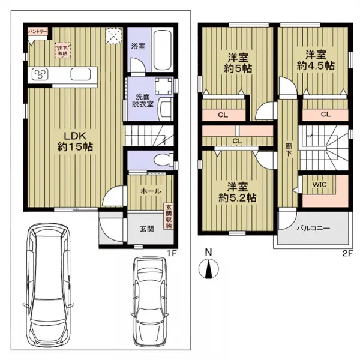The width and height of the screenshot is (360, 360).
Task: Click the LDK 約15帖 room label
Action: (75, 142)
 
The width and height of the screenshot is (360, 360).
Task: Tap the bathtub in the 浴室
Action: (162, 50)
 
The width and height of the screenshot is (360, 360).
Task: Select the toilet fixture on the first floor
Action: (164, 160)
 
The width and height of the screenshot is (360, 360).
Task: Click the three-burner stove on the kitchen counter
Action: (40, 74)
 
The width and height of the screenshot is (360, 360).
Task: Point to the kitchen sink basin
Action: (80, 74)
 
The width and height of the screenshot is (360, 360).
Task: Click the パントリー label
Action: (38, 31)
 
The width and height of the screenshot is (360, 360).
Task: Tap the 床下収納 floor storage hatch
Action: (62, 50)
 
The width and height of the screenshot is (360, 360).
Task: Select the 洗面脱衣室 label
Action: (143, 100)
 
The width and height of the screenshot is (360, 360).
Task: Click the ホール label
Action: (151, 191)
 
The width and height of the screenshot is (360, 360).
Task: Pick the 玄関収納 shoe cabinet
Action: (169, 216)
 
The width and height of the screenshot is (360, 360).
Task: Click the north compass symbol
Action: (208, 268)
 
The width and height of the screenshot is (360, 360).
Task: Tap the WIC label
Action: (319, 184)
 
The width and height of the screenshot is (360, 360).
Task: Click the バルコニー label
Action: (313, 228)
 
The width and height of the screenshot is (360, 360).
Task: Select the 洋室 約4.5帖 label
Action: (316, 61)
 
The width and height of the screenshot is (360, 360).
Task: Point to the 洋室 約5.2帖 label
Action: (238, 193)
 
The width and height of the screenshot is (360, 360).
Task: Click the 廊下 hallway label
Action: (289, 150)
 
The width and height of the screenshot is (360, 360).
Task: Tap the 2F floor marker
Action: (347, 253)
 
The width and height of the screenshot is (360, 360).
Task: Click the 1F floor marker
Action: (171, 253)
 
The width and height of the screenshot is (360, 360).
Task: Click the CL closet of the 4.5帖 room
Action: (325, 115)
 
